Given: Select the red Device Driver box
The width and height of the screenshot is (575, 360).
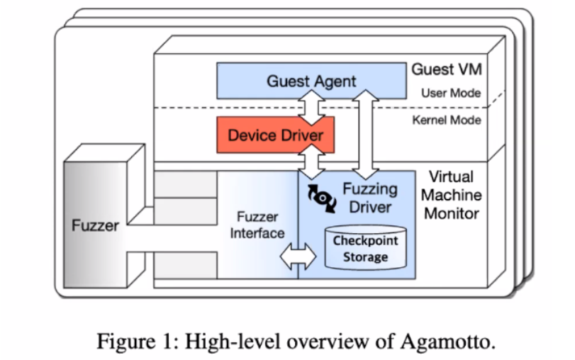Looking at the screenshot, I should click(275, 134).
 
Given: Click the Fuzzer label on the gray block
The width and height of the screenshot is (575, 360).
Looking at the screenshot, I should click(96, 226).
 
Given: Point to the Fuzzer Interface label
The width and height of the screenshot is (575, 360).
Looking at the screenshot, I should click(257, 225).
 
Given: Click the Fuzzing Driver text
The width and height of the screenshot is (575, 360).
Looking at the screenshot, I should click(370, 198).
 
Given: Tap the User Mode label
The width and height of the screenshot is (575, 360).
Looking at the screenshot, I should click(450, 93).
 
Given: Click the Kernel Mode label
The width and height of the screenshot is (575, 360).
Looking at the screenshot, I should click(446, 120).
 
